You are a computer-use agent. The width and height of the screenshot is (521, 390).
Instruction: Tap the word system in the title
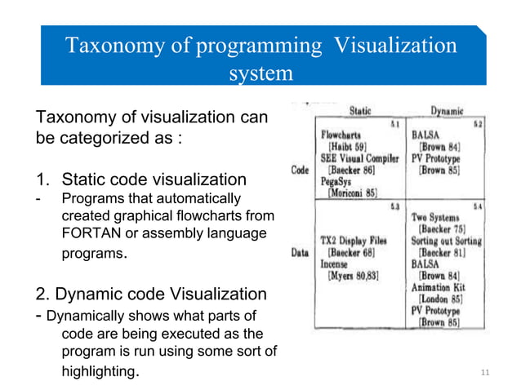click(x=260, y=73)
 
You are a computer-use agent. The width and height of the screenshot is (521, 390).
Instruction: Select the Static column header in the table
click(x=360, y=110)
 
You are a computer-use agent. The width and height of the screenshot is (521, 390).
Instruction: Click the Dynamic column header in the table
click(x=447, y=110)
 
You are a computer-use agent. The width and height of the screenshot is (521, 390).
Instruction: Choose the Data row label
click(x=300, y=254)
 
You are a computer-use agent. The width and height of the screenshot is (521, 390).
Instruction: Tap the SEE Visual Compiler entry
click(x=359, y=157)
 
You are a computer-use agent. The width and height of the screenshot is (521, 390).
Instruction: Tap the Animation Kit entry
click(x=440, y=287)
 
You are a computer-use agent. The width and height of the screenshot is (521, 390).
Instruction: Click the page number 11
click(x=486, y=373)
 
